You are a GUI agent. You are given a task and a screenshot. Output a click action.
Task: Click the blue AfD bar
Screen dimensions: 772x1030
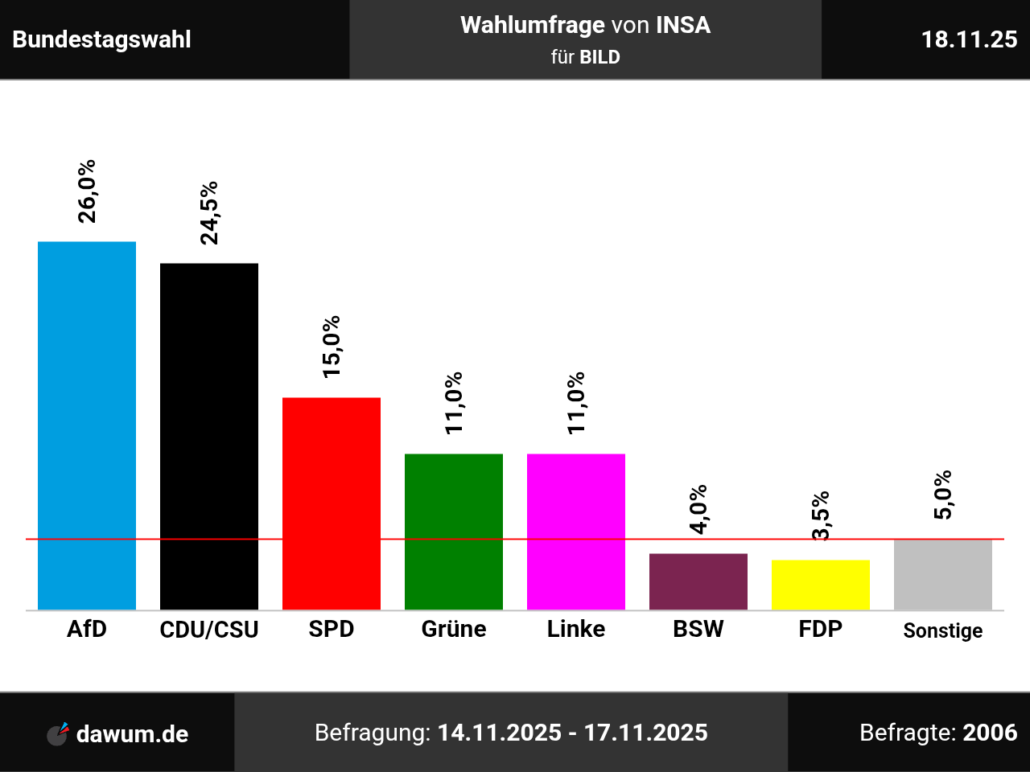point(87,425)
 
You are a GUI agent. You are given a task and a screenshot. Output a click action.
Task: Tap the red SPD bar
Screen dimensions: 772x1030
point(332,503)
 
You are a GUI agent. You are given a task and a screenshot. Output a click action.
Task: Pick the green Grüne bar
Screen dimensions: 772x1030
point(454,532)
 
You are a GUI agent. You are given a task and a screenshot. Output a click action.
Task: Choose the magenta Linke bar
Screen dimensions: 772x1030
point(576,532)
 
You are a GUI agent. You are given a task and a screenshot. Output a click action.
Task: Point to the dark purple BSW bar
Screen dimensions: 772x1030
point(698,581)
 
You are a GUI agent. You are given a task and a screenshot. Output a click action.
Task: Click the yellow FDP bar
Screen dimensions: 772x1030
point(821,585)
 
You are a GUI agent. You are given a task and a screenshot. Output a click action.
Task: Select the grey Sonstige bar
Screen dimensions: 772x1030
point(943,575)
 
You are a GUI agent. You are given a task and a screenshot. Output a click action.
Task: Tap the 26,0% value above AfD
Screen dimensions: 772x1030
point(87,191)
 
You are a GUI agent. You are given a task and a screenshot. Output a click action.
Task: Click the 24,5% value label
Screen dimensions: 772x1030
point(209,212)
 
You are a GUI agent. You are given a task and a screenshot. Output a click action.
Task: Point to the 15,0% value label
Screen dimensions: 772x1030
point(332,347)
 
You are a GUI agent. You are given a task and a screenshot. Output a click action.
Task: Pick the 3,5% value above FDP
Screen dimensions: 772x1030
point(821,516)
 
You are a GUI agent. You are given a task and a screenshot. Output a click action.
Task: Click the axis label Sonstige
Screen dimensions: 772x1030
point(943,630)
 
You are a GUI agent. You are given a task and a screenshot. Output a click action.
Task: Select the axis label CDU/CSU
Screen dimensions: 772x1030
point(209,629)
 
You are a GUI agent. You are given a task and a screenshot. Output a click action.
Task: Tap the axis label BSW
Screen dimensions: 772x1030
point(698,629)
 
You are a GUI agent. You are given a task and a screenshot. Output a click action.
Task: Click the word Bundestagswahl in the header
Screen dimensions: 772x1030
point(102,39)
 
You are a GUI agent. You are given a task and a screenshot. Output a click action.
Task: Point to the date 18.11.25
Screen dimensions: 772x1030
point(969,39)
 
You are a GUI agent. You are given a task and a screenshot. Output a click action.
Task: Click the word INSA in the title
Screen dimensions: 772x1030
point(683,25)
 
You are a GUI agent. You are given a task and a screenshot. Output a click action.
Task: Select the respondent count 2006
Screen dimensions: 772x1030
point(990,733)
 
